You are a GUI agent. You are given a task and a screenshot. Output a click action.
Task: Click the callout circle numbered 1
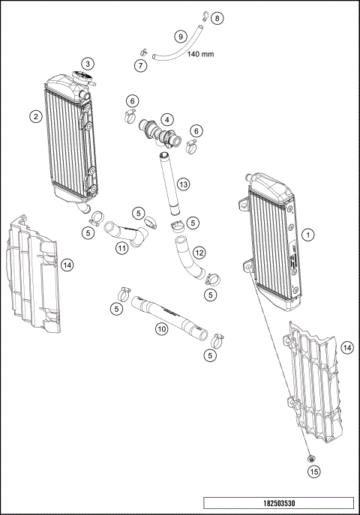tap(308, 235)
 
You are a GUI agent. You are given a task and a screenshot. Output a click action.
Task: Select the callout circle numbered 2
tap(35, 115)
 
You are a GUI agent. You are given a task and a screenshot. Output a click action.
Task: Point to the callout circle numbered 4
tap(166, 118)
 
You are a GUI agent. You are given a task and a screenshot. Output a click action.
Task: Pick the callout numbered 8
tap(217, 17)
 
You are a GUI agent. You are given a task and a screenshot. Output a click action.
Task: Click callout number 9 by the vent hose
tap(180, 36)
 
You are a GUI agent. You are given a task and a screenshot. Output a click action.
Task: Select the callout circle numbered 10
tap(161, 328)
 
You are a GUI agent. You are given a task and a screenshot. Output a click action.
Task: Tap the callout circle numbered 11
tap(120, 247)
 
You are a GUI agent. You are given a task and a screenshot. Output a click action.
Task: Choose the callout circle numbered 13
tap(182, 184)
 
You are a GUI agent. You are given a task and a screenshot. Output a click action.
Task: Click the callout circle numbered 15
tap(314, 472)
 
